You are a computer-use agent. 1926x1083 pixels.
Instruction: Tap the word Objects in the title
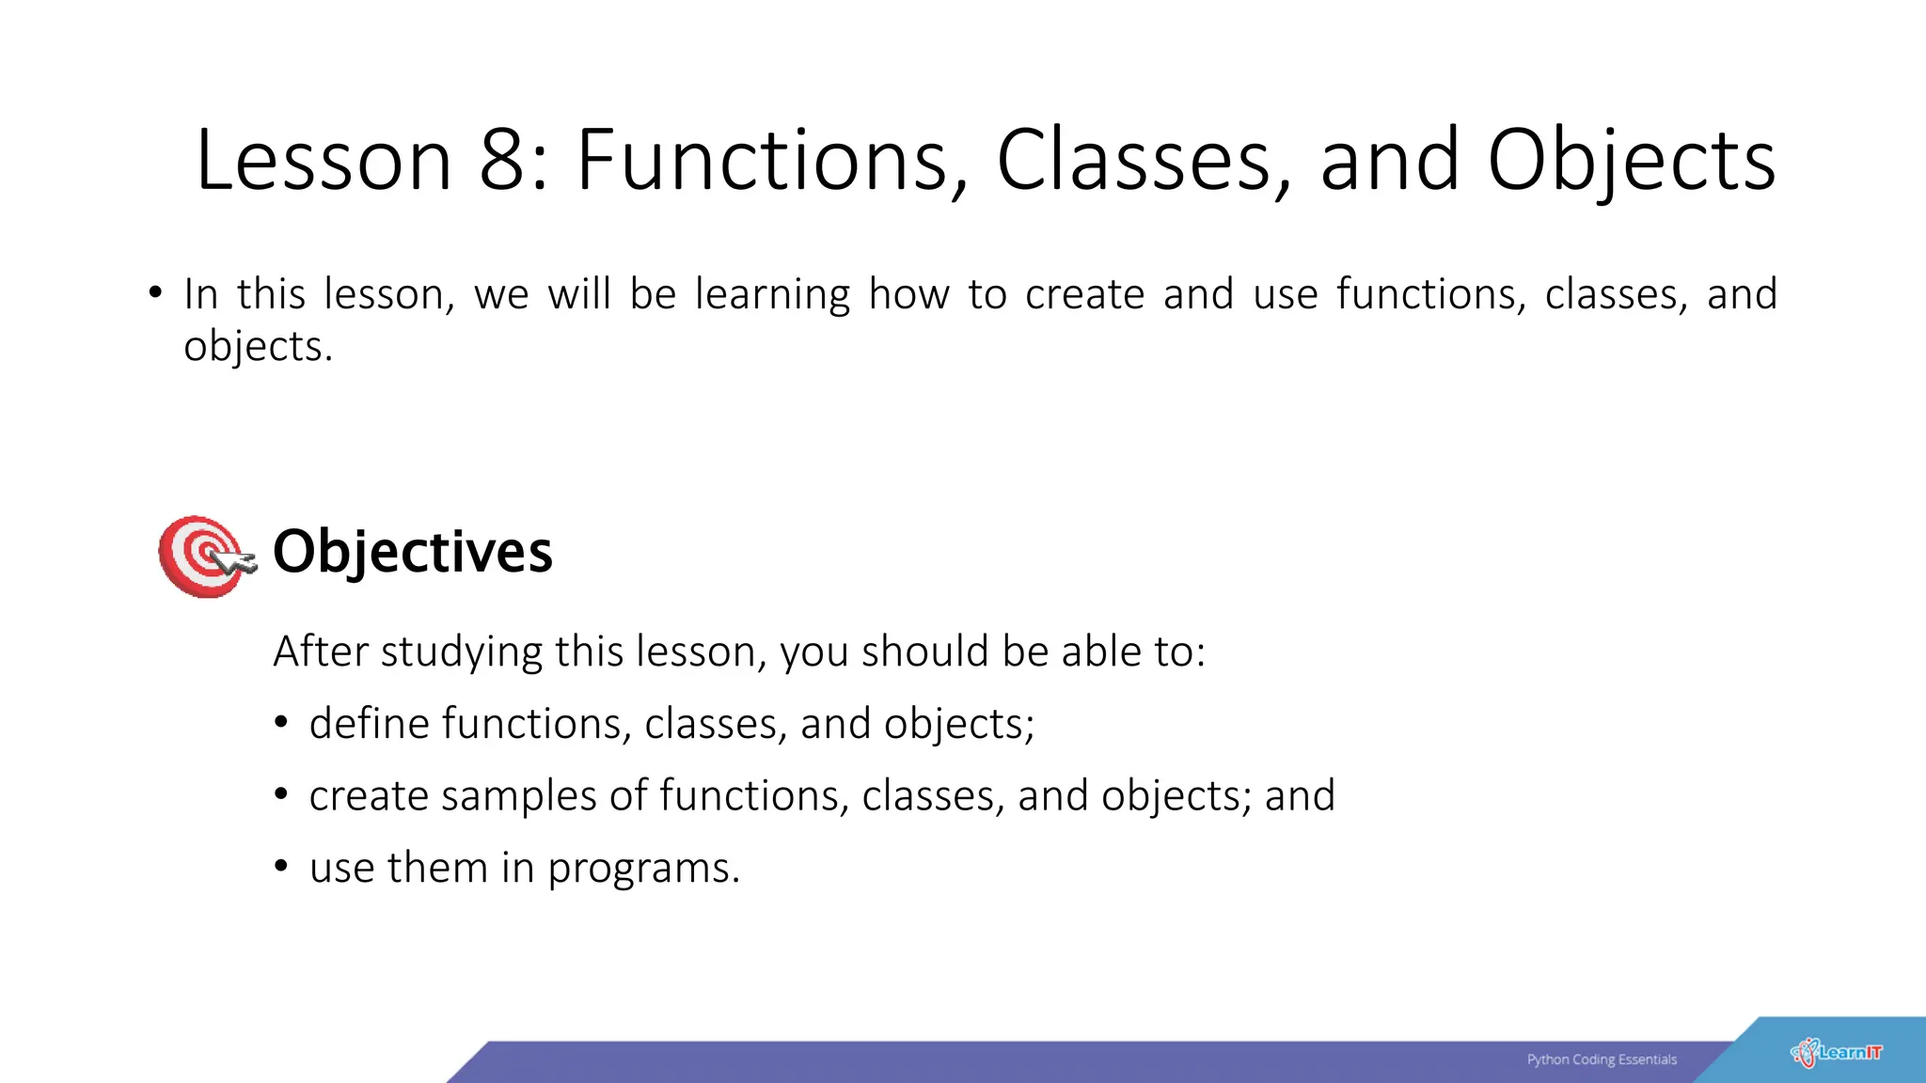coord(1632,161)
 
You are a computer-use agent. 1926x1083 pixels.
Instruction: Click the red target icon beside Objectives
coord(203,556)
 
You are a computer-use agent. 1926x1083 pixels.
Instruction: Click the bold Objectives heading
coord(412,552)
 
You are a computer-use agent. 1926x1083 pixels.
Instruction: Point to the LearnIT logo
coord(1838,1052)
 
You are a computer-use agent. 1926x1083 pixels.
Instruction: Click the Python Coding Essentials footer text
coord(1602,1059)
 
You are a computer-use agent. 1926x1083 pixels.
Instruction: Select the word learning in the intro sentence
coord(772,295)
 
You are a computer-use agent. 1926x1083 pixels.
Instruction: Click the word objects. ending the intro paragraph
coord(258,347)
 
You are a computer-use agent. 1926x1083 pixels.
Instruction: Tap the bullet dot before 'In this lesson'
coord(155,292)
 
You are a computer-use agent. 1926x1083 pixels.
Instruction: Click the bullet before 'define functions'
coord(280,722)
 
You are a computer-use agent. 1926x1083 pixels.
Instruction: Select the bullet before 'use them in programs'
coord(280,866)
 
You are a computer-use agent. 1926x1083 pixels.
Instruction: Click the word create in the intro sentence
coord(1084,295)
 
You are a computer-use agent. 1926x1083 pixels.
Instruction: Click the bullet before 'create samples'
coord(280,794)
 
